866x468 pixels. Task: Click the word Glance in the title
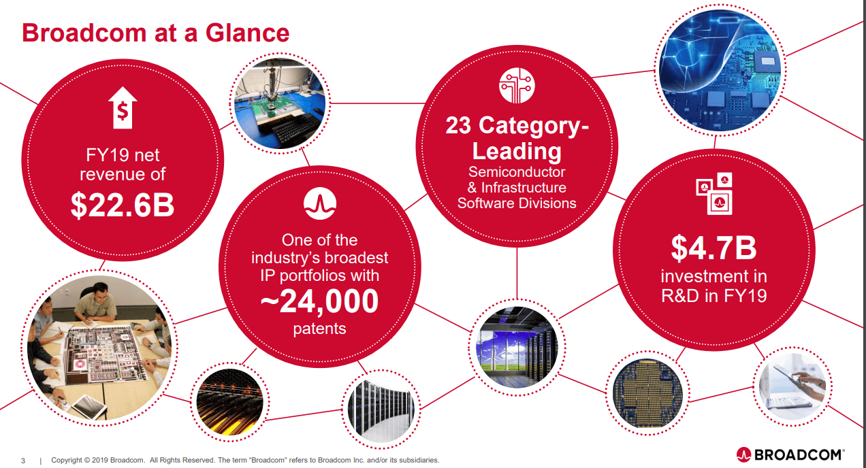pyautogui.click(x=247, y=33)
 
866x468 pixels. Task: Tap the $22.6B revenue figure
pyautogui.click(x=123, y=205)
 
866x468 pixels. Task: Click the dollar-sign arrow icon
pyautogui.click(x=123, y=107)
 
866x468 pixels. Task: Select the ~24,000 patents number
pyautogui.click(x=319, y=301)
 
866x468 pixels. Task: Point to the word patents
pyautogui.click(x=319, y=329)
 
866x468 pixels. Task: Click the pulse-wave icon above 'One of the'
pyautogui.click(x=320, y=203)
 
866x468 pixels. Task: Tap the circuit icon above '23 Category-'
pyautogui.click(x=517, y=85)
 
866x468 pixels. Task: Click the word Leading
pyautogui.click(x=517, y=150)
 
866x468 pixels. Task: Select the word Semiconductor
pyautogui.click(x=517, y=172)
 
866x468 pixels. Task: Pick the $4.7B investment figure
pyautogui.click(x=713, y=248)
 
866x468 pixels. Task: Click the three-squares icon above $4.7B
pyautogui.click(x=714, y=193)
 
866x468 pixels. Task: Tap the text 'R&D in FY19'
pyautogui.click(x=713, y=296)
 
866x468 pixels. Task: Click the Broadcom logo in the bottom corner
pyautogui.click(x=790, y=454)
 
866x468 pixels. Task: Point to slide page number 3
pyautogui.click(x=23, y=461)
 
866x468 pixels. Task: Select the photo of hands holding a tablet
pyautogui.click(x=792, y=386)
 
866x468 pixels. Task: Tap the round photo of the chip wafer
pyautogui.click(x=647, y=393)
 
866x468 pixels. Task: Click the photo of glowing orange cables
pyautogui.click(x=229, y=401)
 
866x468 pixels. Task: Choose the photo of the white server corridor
pyautogui.click(x=381, y=409)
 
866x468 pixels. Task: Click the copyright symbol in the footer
pyautogui.click(x=87, y=461)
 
